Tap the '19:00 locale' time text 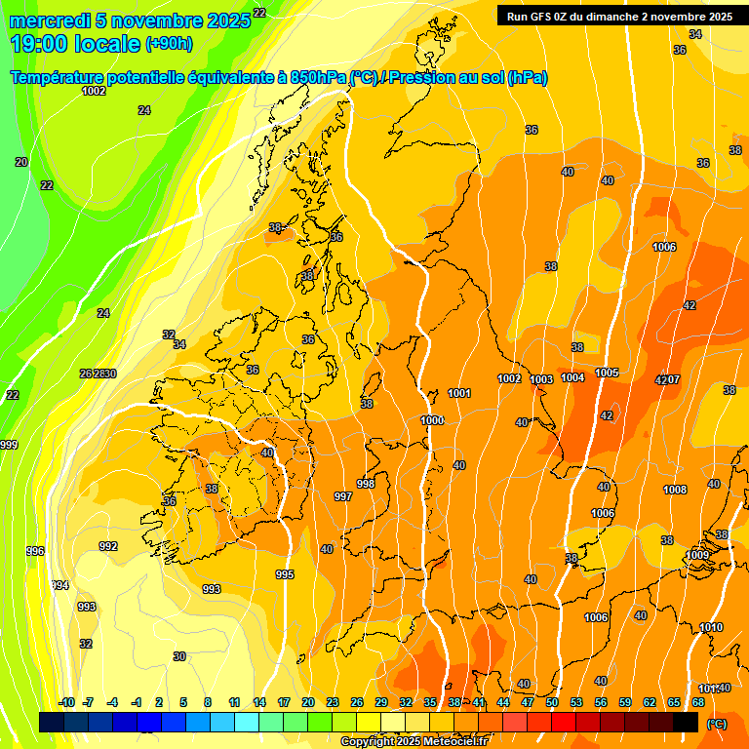[x=74, y=43]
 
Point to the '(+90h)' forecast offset [x=169, y=44]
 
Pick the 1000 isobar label [x=432, y=419]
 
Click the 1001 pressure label [x=459, y=393]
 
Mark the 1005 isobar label [x=607, y=373]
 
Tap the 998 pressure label [x=366, y=484]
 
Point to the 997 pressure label [x=343, y=496]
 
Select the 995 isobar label [x=284, y=574]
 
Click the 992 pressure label [x=108, y=546]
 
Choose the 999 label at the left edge [x=9, y=445]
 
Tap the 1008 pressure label [x=674, y=490]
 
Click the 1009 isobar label [x=697, y=555]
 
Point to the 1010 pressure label [x=711, y=627]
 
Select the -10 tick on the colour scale [x=66, y=702]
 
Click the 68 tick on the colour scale [x=698, y=702]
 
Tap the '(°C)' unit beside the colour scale [x=717, y=724]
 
